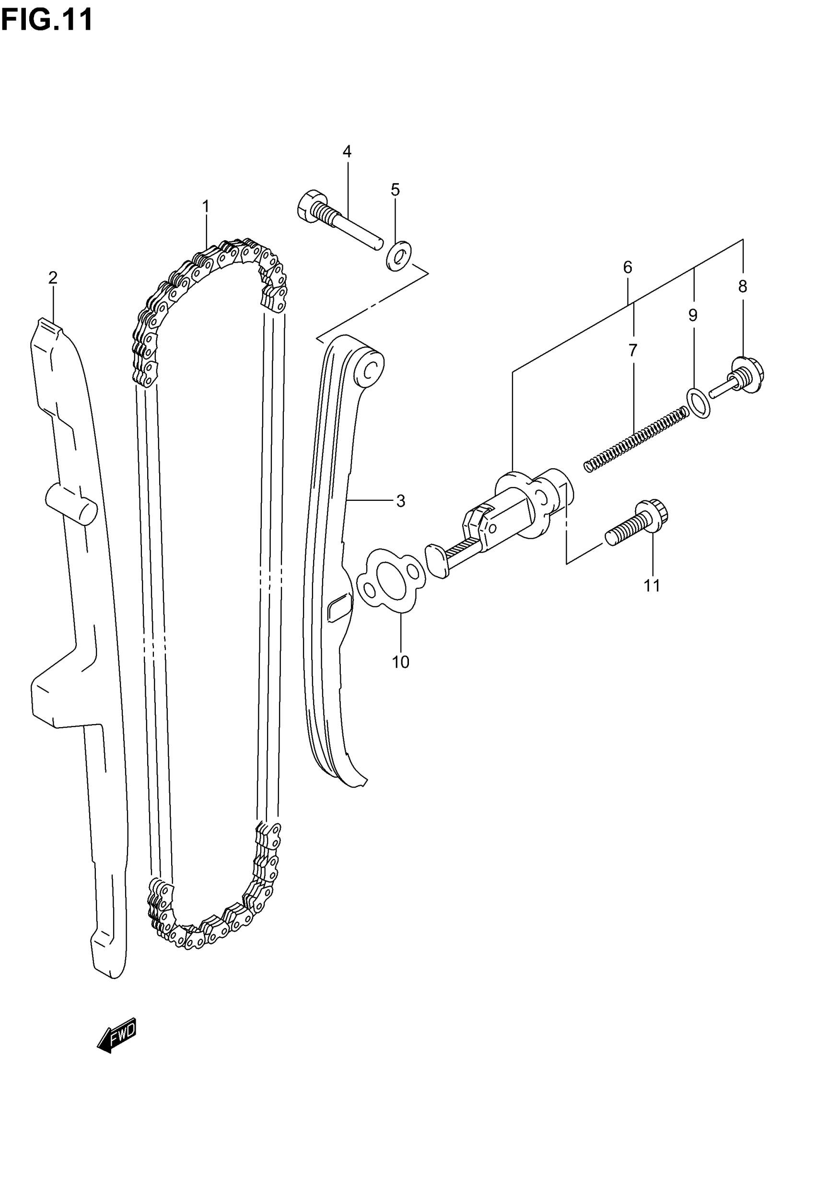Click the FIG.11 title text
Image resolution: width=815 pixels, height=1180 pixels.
47,21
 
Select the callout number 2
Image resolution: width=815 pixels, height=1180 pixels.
53,278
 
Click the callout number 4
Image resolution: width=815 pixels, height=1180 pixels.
347,151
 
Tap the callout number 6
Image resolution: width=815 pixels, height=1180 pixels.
628,267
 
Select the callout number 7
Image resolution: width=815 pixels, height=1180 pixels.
633,350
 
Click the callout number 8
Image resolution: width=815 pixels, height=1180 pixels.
743,286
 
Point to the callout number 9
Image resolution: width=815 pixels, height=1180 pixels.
692,315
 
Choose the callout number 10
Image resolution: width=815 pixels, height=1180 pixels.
400,662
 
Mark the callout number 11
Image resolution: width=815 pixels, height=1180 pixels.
652,585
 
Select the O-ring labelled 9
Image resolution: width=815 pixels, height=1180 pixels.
698,403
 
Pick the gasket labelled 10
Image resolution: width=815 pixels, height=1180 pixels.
391,580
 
